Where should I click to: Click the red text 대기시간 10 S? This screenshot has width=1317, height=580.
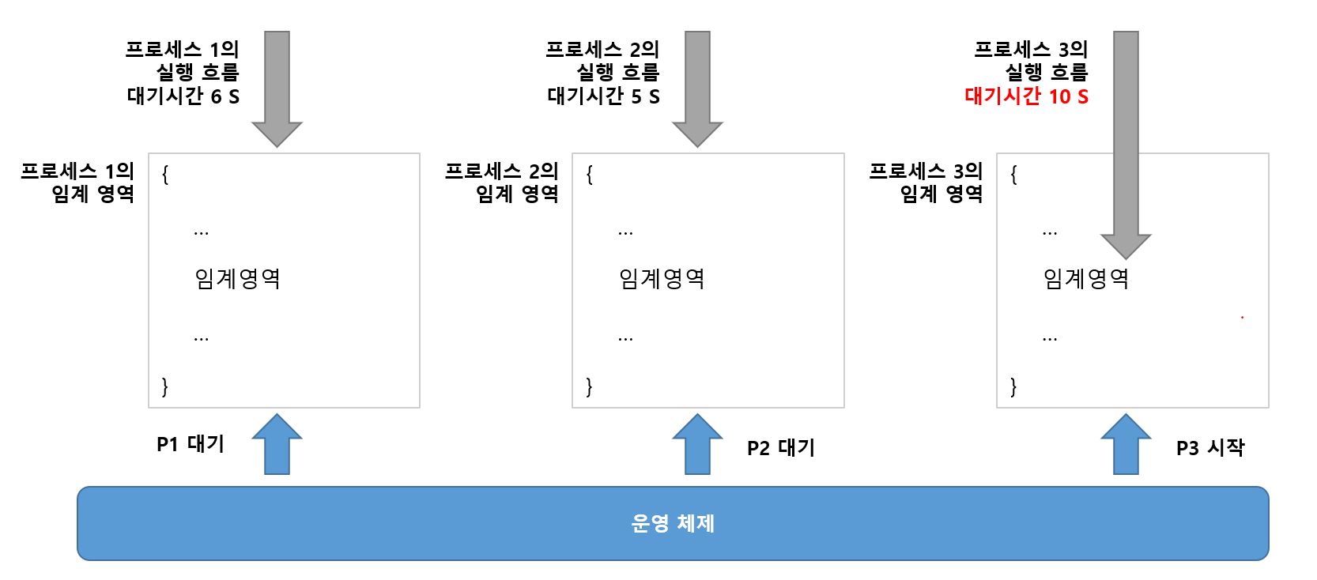(x=1026, y=96)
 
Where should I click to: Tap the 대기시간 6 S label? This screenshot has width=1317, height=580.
(x=183, y=96)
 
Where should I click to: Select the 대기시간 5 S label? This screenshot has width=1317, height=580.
(x=603, y=96)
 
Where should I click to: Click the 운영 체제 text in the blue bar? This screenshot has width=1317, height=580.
(x=673, y=523)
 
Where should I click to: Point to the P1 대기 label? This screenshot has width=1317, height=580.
(x=191, y=445)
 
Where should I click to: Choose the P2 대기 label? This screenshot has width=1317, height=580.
(x=780, y=448)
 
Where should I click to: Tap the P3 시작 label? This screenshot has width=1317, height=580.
(x=1209, y=448)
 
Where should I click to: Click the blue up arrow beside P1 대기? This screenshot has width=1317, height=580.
(x=277, y=444)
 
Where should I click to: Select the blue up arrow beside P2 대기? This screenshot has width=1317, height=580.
(x=697, y=444)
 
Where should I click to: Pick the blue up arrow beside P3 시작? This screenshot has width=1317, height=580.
(x=1126, y=444)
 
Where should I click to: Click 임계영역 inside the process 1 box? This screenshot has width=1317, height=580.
(x=237, y=278)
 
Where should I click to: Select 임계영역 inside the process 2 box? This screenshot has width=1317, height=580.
(x=662, y=278)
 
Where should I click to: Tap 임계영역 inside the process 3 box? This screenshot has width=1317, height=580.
(x=1086, y=278)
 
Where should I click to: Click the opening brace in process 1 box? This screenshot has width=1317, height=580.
(x=164, y=175)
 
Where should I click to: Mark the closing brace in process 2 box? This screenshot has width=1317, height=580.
(x=589, y=386)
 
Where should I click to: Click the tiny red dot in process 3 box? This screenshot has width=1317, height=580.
(x=1242, y=318)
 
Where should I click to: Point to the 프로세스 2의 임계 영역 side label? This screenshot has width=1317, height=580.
(x=501, y=183)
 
